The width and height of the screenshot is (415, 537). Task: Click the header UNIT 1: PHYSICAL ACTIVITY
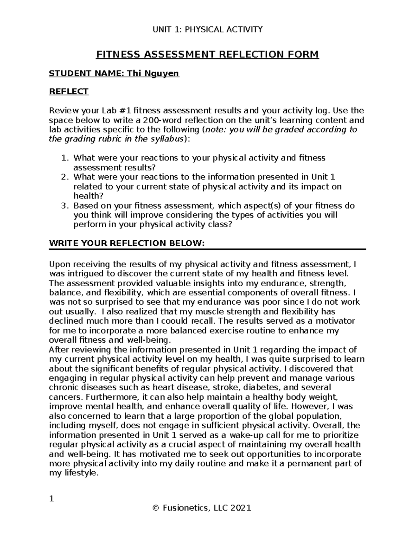[207, 29]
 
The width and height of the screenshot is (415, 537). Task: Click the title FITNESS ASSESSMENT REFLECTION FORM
[207, 55]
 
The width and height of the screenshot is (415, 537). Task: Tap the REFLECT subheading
[69, 92]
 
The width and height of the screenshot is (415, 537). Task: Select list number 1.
[65, 158]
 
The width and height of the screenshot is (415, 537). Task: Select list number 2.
[65, 177]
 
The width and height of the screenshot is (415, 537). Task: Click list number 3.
[65, 206]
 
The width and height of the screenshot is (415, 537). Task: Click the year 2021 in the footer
[241, 508]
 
